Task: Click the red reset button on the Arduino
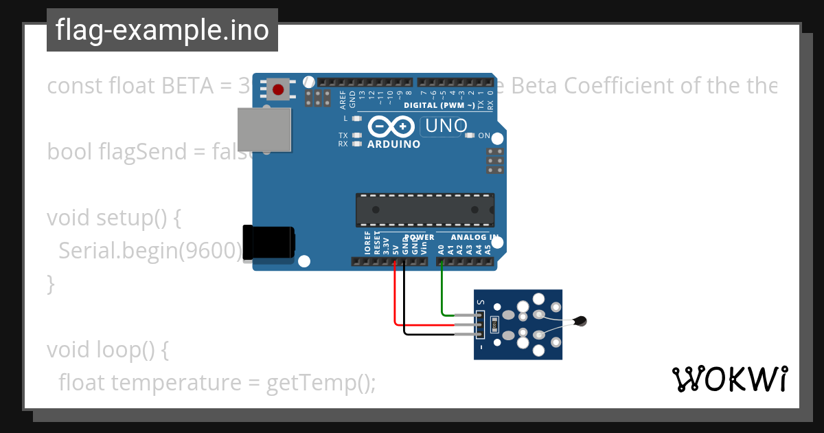(278, 90)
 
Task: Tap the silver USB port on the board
(264, 129)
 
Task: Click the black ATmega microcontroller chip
(424, 210)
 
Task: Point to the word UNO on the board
(446, 126)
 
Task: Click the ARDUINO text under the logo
(394, 144)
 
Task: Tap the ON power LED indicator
(470, 135)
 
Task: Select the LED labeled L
(356, 118)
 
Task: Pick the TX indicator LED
(356, 135)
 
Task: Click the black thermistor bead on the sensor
(582, 320)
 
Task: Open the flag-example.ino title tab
(162, 30)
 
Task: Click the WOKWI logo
(730, 379)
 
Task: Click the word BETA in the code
(187, 87)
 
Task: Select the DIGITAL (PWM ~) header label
(439, 105)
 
